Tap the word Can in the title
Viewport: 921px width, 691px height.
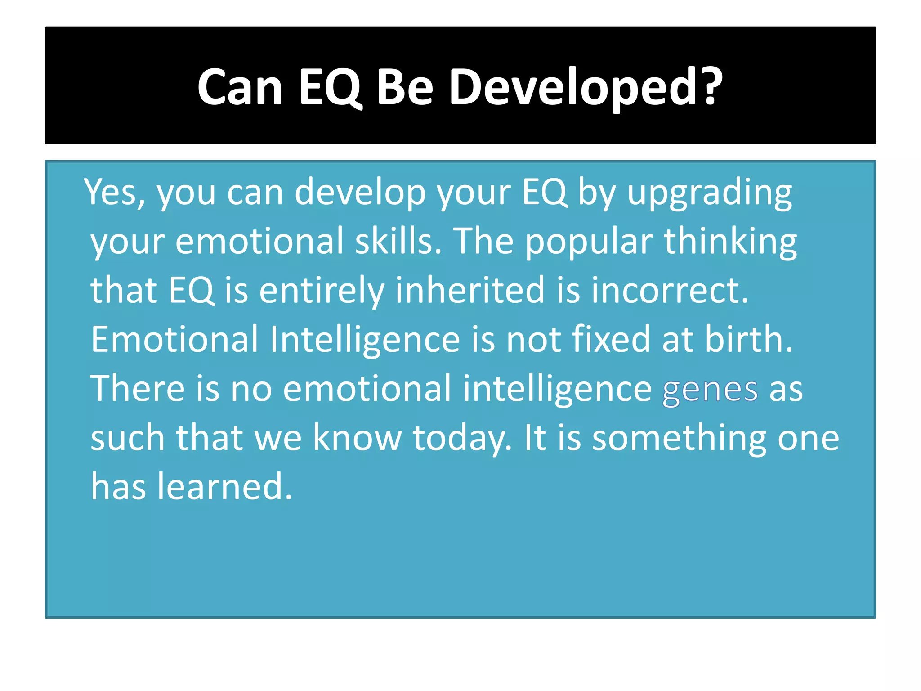(x=240, y=87)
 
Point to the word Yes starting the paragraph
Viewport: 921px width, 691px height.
(x=115, y=193)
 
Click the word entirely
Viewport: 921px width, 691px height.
(x=322, y=292)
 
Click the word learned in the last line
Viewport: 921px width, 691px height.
(x=224, y=487)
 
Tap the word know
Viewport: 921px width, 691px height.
(x=357, y=439)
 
